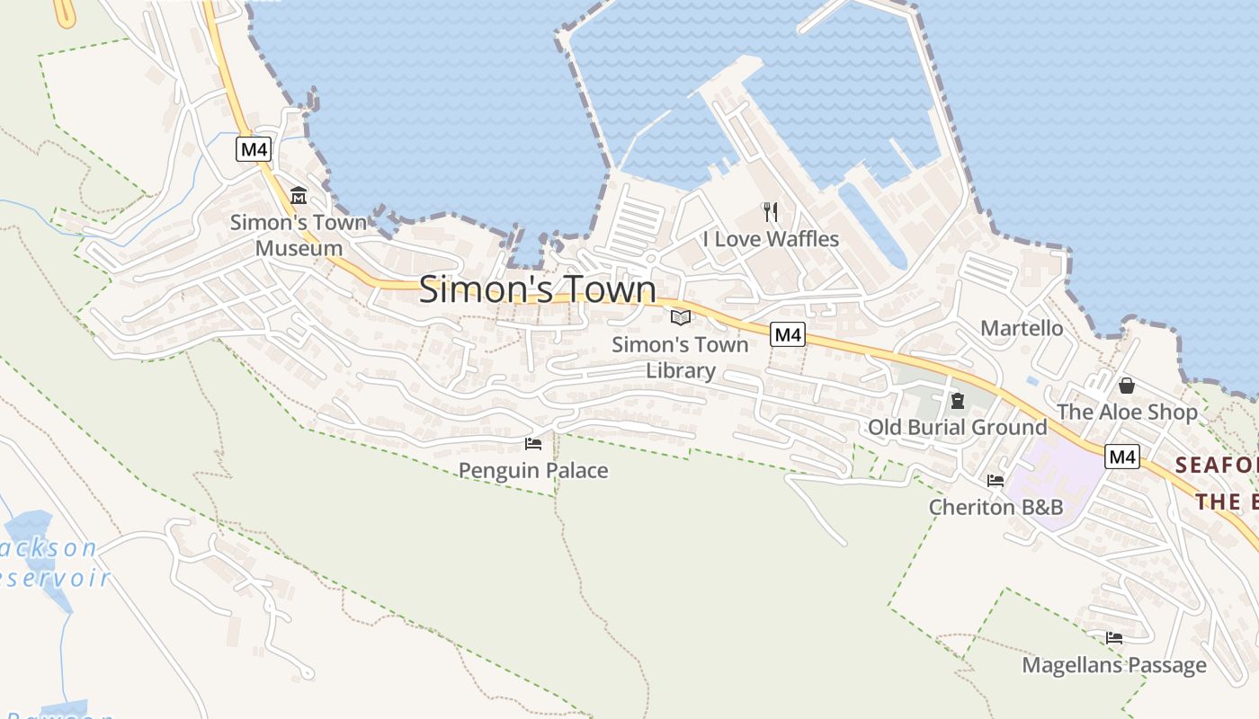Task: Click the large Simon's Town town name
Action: (538, 289)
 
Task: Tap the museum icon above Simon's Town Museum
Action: (299, 195)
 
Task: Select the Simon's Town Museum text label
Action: (299, 235)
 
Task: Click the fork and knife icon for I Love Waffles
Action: (770, 212)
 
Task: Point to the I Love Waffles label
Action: (771, 239)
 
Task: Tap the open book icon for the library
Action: (681, 317)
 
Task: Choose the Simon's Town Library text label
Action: (680, 357)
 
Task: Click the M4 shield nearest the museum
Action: (254, 149)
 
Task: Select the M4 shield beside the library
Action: (788, 335)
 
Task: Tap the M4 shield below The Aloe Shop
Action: (1122, 457)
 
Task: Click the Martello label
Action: (1022, 328)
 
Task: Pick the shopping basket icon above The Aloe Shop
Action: (1126, 386)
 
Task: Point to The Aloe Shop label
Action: (1127, 413)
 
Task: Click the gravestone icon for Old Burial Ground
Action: (958, 401)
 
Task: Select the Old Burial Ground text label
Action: (957, 428)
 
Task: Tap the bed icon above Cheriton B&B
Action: (996, 480)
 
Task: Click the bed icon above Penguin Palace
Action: (533, 443)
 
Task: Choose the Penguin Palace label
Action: (533, 470)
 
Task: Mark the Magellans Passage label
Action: (1114, 665)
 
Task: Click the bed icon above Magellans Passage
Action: (1114, 638)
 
